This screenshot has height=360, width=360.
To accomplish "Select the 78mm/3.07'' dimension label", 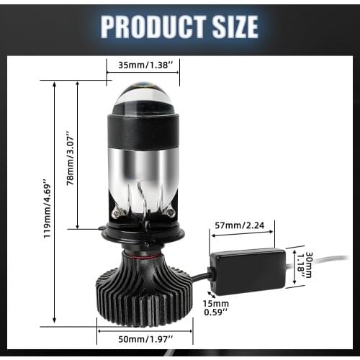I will [x=70, y=159].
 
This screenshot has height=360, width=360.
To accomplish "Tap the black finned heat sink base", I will [x=143, y=296].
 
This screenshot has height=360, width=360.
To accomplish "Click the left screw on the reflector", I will [x=117, y=211].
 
